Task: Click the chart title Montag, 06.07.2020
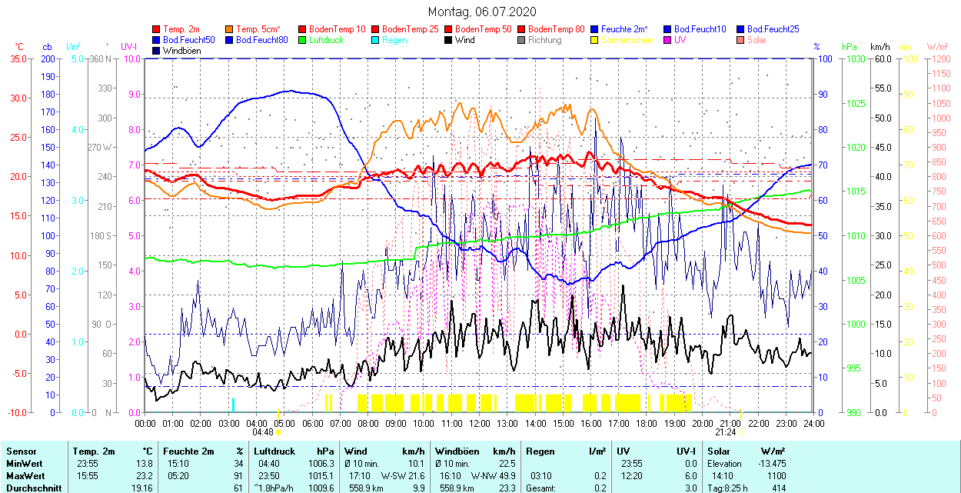pos(482,12)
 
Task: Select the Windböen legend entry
pos(180,51)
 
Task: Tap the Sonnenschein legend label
pos(627,40)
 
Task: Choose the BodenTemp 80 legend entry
pos(556,29)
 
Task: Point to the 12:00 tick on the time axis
pos(480,423)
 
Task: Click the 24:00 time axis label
pos(813,423)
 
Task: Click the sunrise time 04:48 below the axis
pos(263,432)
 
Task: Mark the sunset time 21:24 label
pos(727,432)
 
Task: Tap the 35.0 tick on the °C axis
pos(16,58)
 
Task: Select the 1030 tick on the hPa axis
pos(852,58)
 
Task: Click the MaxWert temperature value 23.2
pos(144,476)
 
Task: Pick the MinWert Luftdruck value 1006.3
pos(321,464)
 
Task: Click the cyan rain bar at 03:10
pos(233,405)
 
